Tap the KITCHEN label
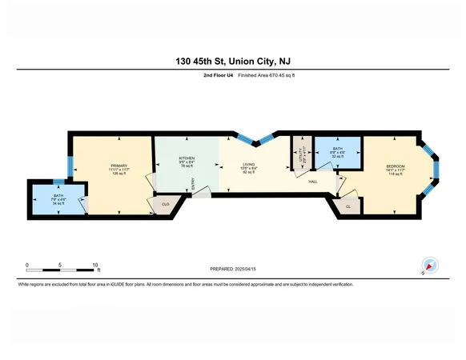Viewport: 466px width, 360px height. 187,158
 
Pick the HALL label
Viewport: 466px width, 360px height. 315,182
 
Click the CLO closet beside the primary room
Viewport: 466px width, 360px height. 166,205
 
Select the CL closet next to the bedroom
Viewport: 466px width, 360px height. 348,206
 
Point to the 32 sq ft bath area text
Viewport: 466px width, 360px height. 338,157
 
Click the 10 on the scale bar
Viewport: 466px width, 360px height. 95,264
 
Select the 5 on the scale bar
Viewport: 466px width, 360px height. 61,264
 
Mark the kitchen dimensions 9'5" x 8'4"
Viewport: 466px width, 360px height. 187,162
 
